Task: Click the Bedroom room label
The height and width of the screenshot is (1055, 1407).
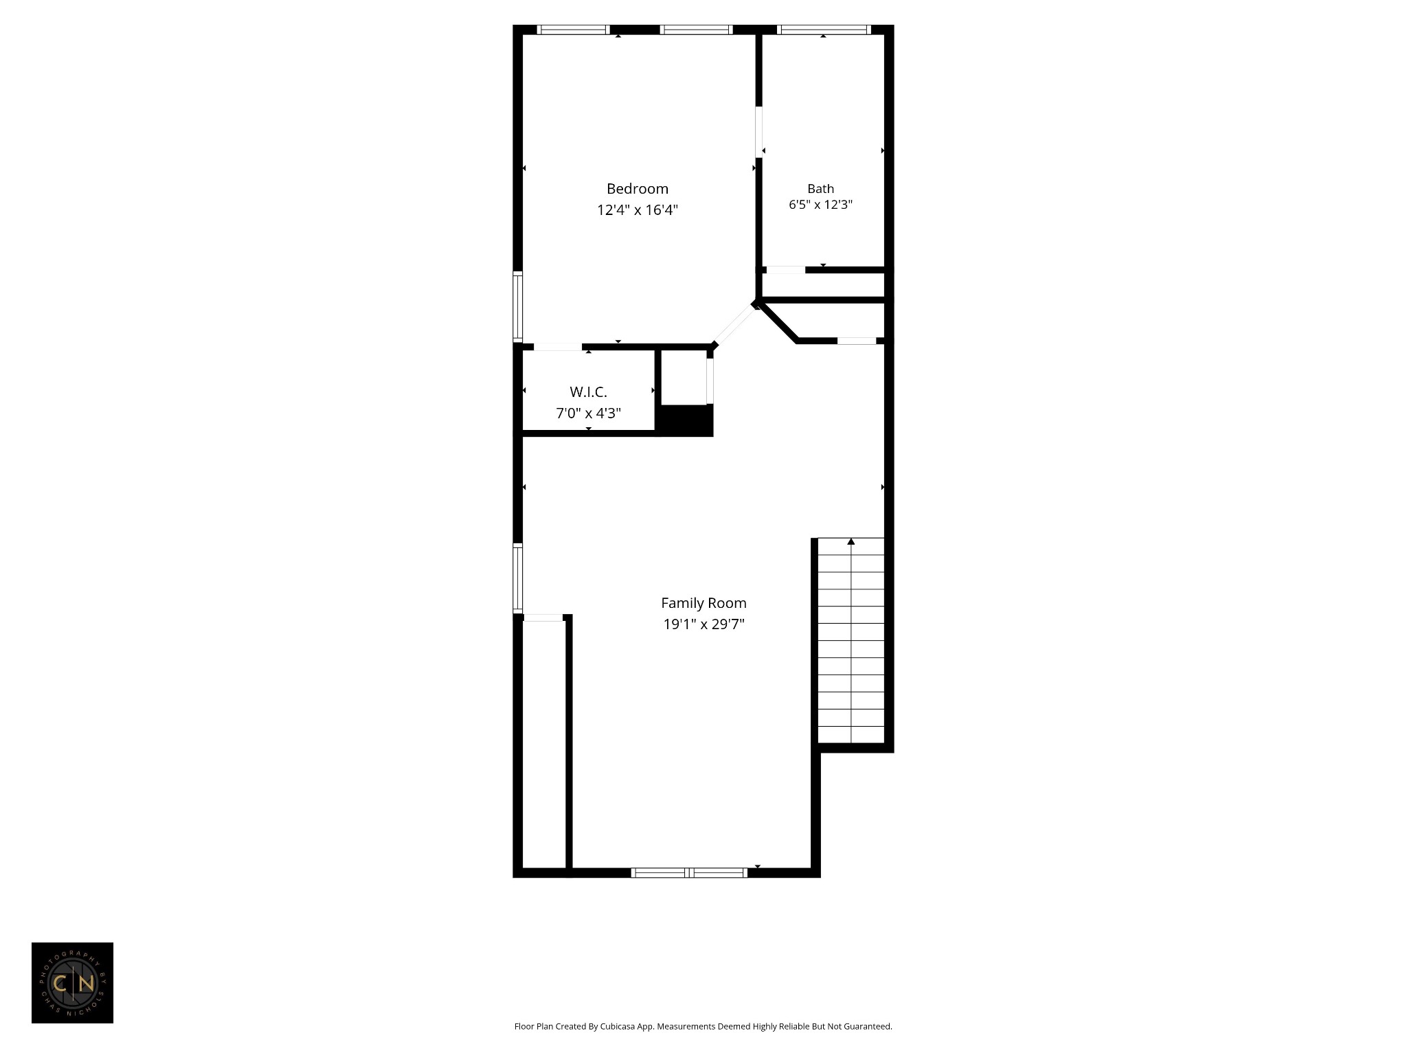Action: [x=637, y=189]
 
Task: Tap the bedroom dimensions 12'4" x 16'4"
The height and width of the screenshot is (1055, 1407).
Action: [x=637, y=210]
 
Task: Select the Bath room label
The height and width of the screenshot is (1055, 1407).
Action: [x=820, y=189]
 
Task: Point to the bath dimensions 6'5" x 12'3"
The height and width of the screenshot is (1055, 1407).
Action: [x=820, y=205]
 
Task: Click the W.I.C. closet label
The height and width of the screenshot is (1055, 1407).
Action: [x=588, y=392]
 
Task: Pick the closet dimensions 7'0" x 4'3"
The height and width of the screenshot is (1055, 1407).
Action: [x=588, y=413]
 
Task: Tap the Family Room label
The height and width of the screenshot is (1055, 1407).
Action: [x=703, y=603]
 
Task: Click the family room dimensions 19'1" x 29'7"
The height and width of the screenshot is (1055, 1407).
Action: [x=703, y=624]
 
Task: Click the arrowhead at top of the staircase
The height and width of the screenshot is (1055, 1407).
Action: [x=851, y=542]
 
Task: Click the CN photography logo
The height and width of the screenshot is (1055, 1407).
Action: [x=72, y=983]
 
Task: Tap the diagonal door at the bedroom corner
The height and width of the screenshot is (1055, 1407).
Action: [x=734, y=324]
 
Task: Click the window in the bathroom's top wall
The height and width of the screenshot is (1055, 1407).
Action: [x=823, y=30]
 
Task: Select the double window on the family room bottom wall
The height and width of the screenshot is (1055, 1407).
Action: [x=689, y=873]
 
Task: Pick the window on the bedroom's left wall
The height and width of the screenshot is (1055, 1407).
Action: [x=518, y=306]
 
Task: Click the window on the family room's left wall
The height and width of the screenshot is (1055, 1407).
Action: [x=518, y=578]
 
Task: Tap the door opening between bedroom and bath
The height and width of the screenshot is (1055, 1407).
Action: [x=759, y=131]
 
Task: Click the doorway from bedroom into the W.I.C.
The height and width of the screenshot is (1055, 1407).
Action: [x=557, y=347]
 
